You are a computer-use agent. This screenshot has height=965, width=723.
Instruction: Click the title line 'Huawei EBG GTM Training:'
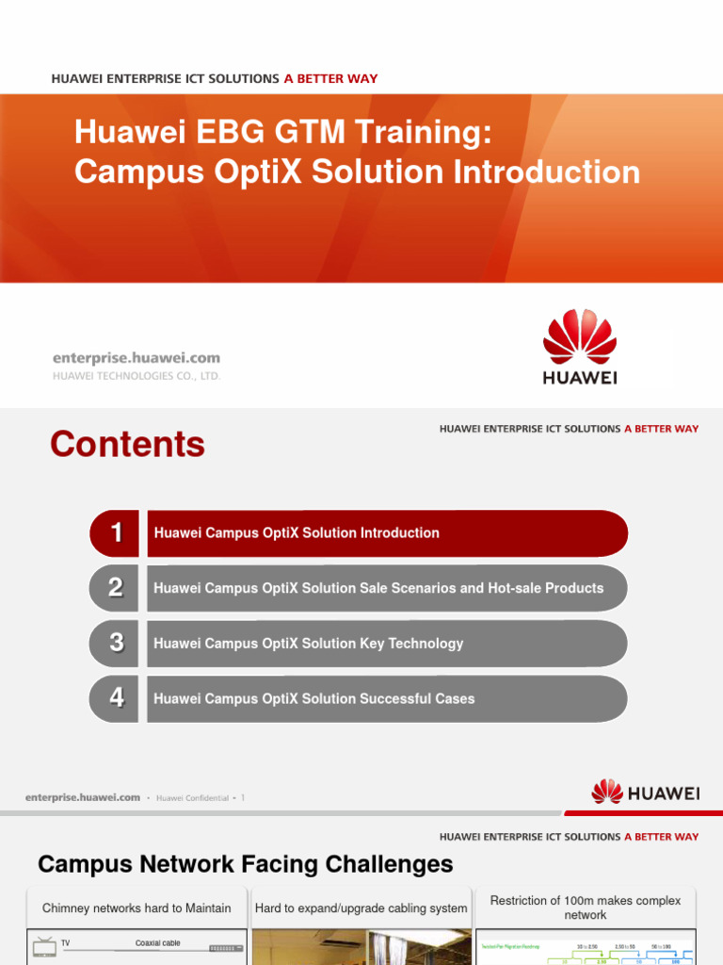pyautogui.click(x=283, y=132)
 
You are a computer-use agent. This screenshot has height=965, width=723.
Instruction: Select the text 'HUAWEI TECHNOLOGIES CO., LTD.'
pyautogui.click(x=136, y=375)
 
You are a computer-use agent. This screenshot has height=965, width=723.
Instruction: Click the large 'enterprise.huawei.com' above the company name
pyautogui.click(x=136, y=357)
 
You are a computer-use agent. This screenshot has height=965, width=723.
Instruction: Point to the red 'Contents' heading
pyautogui.click(x=127, y=444)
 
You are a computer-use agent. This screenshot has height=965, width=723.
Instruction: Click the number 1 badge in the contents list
pyautogui.click(x=115, y=533)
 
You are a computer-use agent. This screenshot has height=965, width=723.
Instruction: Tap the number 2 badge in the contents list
pyautogui.click(x=115, y=588)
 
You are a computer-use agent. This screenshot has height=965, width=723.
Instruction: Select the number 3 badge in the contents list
pyautogui.click(x=115, y=644)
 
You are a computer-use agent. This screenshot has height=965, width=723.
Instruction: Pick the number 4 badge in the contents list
pyautogui.click(x=115, y=698)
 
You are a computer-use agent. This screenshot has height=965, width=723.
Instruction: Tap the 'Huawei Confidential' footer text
pyautogui.click(x=192, y=798)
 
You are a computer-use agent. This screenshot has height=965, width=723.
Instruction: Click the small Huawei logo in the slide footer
pyautogui.click(x=645, y=793)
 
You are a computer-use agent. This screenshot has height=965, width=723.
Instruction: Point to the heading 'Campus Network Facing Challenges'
pyautogui.click(x=245, y=864)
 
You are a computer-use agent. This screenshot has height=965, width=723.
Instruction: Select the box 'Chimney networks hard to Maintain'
pyautogui.click(x=137, y=908)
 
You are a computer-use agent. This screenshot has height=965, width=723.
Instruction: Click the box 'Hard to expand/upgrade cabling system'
pyautogui.click(x=361, y=908)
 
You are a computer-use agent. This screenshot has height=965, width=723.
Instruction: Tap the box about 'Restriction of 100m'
pyautogui.click(x=585, y=908)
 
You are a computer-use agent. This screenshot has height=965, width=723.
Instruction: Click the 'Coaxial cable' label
pyautogui.click(x=157, y=943)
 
